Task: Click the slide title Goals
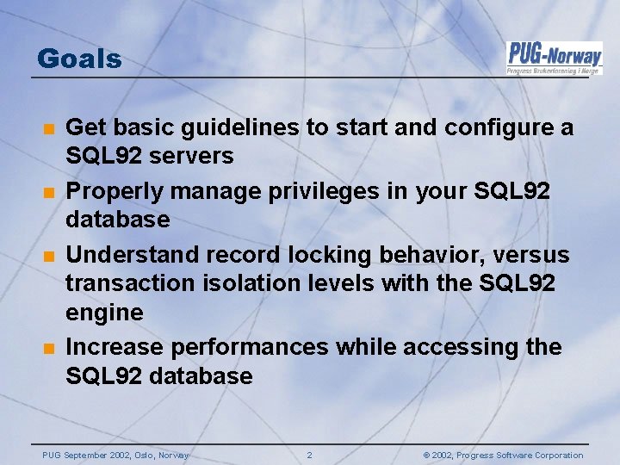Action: (x=79, y=59)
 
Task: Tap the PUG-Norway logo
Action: (x=554, y=58)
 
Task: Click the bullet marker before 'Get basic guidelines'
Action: (x=49, y=129)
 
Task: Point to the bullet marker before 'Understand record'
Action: (x=49, y=257)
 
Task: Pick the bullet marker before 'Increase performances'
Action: (x=49, y=348)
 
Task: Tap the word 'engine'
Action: (x=104, y=313)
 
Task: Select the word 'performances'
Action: (x=250, y=347)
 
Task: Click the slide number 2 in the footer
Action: (x=310, y=456)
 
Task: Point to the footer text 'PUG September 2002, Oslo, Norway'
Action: (x=115, y=456)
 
